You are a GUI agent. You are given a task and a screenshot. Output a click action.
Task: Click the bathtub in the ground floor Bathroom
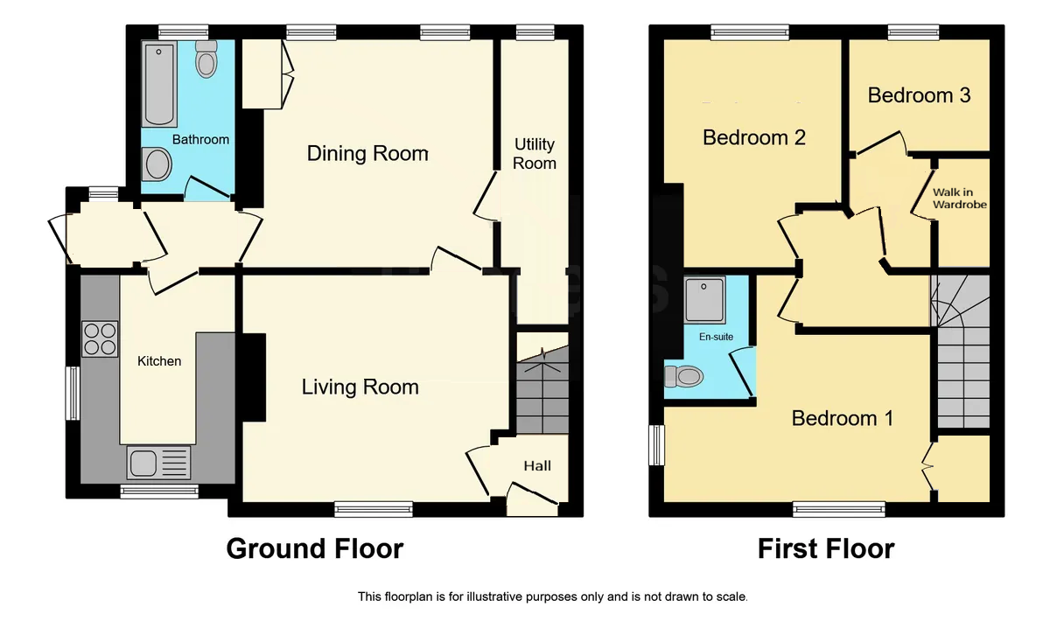159,84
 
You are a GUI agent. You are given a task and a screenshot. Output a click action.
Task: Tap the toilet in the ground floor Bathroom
206,59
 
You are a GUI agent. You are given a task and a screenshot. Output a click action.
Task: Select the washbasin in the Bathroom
157,164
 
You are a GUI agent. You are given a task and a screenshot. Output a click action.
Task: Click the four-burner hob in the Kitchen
100,338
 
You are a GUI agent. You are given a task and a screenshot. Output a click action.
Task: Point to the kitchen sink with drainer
159,463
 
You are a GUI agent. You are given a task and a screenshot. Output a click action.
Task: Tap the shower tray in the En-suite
704,300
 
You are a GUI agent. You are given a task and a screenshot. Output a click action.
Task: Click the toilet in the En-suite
684,376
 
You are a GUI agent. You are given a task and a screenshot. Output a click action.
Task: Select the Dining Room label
367,154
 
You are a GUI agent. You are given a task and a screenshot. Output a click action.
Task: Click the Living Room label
360,387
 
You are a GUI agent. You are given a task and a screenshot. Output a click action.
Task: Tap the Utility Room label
535,154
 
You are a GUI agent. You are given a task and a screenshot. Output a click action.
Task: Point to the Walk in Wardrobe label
960,199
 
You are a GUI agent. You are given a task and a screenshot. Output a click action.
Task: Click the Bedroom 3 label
919,95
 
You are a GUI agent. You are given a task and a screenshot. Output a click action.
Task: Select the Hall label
537,465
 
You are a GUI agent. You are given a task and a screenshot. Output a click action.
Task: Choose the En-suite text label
717,337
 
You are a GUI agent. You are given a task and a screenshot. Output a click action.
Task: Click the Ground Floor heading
315,548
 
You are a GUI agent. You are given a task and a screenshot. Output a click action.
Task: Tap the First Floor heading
826,548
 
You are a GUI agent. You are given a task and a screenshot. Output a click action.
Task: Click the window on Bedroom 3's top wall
913,31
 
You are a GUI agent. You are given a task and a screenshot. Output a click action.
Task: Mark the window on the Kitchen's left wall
73,394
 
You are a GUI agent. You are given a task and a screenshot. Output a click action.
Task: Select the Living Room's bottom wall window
374,509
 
